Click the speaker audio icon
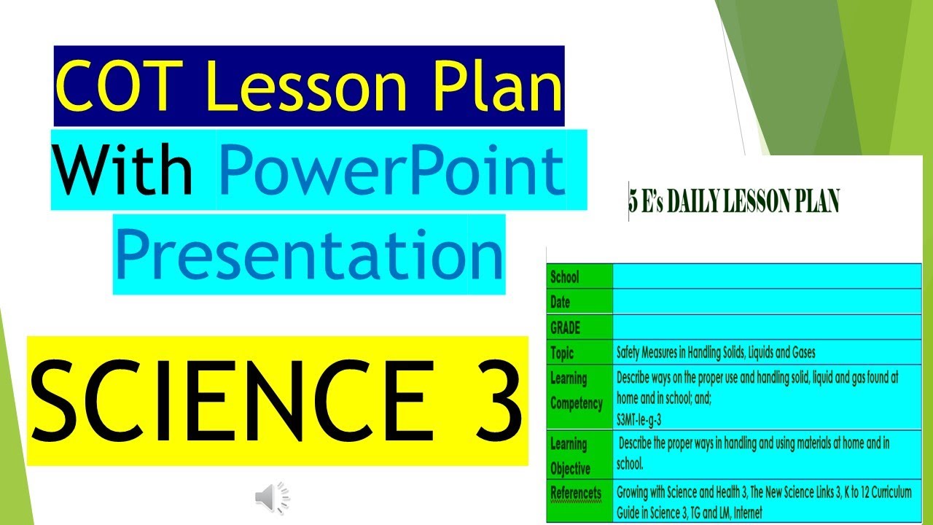(272, 498)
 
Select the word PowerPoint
(392, 170)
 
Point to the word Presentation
(309, 254)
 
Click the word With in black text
(122, 170)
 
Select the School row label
(565, 277)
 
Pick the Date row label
(561, 302)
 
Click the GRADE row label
(566, 327)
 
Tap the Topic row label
(562, 353)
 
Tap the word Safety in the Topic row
(631, 353)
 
